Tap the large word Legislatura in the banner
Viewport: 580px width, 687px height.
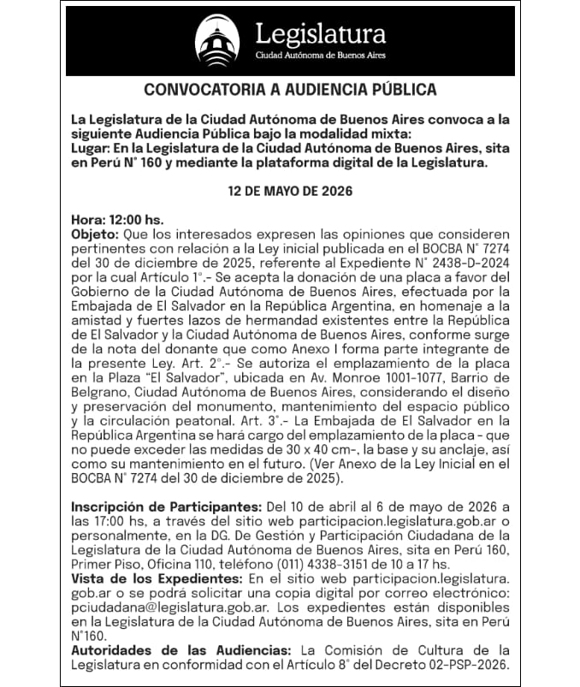coord(321,33)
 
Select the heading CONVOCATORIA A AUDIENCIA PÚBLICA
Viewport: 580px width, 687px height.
coord(290,90)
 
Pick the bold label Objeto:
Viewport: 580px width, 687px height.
coord(96,234)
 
